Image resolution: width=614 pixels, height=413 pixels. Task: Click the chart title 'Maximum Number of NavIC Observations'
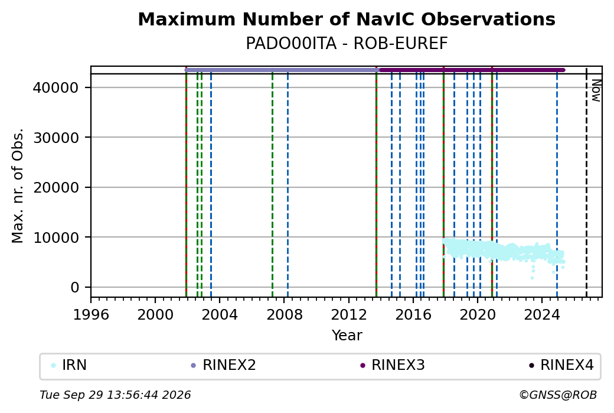347,19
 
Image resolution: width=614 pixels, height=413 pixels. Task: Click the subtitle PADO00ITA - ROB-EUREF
347,44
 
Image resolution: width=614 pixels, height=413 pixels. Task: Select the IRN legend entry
69,365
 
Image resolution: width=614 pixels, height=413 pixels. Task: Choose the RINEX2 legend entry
223,365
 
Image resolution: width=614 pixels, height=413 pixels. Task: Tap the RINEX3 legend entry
393,365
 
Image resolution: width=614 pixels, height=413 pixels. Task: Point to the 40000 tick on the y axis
56,87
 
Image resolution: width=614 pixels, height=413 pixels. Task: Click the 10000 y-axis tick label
56,238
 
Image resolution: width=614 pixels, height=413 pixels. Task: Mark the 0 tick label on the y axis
75,287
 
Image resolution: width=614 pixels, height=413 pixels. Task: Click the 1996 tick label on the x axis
91,314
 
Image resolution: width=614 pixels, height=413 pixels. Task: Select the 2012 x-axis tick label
349,314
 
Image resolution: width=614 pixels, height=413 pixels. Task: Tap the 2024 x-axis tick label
542,314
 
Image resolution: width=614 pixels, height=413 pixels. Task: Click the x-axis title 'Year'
347,336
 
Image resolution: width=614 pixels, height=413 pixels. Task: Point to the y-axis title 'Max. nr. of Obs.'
18,186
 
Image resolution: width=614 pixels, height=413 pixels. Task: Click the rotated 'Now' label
596,90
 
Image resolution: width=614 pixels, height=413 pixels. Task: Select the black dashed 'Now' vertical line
586,182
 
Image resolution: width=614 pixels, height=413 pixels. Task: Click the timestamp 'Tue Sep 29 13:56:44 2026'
115,395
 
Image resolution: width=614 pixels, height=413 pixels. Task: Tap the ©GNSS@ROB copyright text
558,395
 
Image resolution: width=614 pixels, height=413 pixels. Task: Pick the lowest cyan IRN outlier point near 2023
532,278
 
